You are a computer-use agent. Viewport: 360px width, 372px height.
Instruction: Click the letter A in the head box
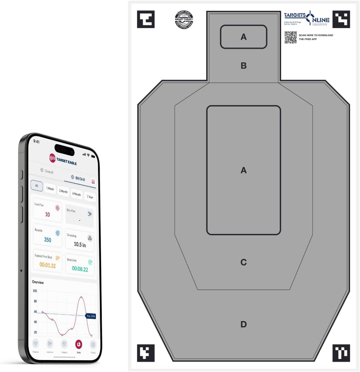pyautogui.click(x=244, y=37)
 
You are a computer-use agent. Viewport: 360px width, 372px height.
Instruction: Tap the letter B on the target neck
pyautogui.click(x=244, y=66)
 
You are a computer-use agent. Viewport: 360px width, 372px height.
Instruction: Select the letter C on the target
pyautogui.click(x=244, y=262)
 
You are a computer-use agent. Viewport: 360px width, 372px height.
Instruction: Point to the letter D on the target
pyautogui.click(x=244, y=324)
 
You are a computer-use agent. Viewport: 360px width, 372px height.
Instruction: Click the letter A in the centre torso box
pyautogui.click(x=244, y=170)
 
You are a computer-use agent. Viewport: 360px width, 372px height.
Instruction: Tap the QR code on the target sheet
pyautogui.click(x=290, y=37)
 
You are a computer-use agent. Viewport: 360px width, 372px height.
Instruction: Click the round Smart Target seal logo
pyautogui.click(x=184, y=19)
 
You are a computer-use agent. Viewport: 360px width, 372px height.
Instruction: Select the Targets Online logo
pyautogui.click(x=306, y=18)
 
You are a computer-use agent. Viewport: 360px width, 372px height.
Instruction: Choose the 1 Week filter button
pyautogui.click(x=50, y=189)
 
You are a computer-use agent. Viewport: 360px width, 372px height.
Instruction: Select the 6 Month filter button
pyautogui.click(x=76, y=194)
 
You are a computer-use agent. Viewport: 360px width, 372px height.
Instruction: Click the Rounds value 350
pyautogui.click(x=48, y=240)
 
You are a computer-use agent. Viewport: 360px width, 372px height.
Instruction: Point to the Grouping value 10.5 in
pyautogui.click(x=80, y=245)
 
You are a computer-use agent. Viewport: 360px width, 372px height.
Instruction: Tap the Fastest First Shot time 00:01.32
pyautogui.click(x=47, y=265)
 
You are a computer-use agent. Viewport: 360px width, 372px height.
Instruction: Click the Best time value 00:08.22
pyautogui.click(x=80, y=269)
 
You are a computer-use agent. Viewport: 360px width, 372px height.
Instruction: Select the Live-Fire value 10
pyautogui.click(x=47, y=214)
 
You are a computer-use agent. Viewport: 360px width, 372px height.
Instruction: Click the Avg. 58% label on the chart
pyautogui.click(x=91, y=316)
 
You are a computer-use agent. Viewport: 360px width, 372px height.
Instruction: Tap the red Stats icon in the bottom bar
pyautogui.click(x=79, y=345)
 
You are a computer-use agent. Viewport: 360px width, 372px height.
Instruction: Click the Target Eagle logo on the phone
pyautogui.click(x=63, y=159)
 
